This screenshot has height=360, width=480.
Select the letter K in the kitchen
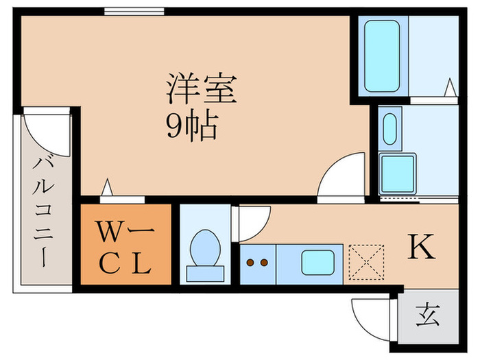(422, 248)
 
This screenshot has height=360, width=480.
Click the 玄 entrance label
(427, 318)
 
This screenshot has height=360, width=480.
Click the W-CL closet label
(124, 245)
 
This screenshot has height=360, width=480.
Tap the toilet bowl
(205, 248)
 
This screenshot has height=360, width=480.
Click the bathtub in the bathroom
(382, 56)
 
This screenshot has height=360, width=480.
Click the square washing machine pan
(398, 173)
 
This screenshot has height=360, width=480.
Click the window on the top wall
(134, 11)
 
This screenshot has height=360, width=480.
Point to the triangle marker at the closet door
(107, 187)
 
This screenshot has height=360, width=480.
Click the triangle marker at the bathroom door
(451, 88)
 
